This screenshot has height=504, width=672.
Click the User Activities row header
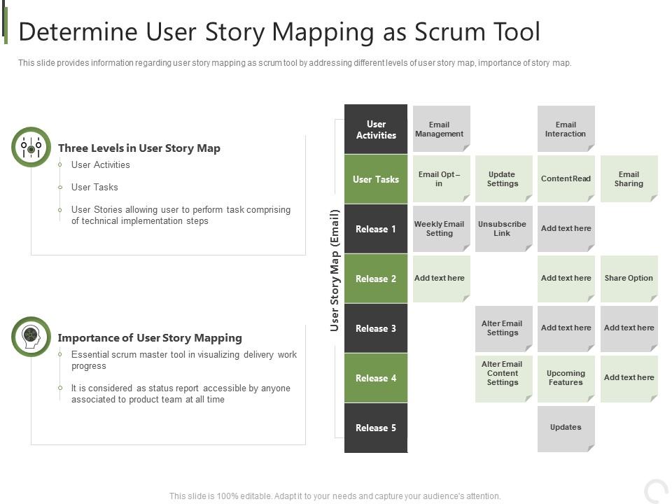pyautogui.click(x=376, y=129)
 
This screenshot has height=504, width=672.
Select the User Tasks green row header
pyautogui.click(x=376, y=179)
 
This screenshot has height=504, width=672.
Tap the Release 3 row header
pyautogui.click(x=376, y=328)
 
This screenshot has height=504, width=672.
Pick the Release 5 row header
pyautogui.click(x=376, y=428)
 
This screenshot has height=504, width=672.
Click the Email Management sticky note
pyautogui.click(x=441, y=129)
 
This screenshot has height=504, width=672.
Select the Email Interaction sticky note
pyautogui.click(x=566, y=129)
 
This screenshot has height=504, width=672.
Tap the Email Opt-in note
pyautogui.click(x=441, y=179)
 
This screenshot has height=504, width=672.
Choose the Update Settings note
pyautogui.click(x=503, y=179)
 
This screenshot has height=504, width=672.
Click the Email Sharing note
pyautogui.click(x=629, y=179)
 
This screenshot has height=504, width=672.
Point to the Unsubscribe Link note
pyautogui.click(x=503, y=229)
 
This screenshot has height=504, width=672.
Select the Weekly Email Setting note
pyautogui.click(x=441, y=229)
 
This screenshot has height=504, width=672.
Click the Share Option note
pyautogui.click(x=629, y=278)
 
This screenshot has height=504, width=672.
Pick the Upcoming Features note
pyautogui.click(x=566, y=378)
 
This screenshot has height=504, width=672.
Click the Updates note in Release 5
pyautogui.click(x=566, y=428)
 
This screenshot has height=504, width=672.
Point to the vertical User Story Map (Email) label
pyautogui.click(x=335, y=269)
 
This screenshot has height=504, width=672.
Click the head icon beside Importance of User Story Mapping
pyautogui.click(x=31, y=337)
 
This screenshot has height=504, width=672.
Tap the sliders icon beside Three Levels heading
pyautogui.click(x=31, y=147)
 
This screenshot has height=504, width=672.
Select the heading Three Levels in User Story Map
pyautogui.click(x=139, y=148)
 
